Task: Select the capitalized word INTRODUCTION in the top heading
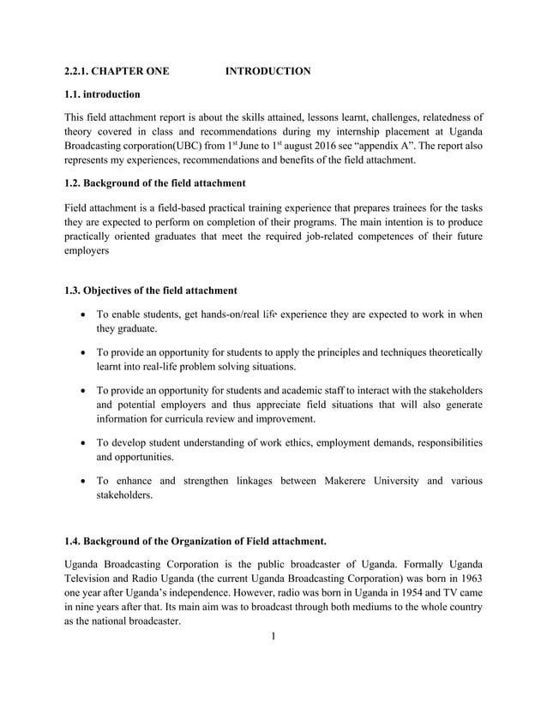pyautogui.click(x=267, y=70)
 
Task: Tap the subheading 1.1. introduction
pyautogui.click(x=103, y=93)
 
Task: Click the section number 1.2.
pyautogui.click(x=76, y=183)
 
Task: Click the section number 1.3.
pyautogui.click(x=76, y=291)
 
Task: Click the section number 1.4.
pyautogui.click(x=76, y=541)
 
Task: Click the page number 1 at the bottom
pyautogui.click(x=273, y=637)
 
